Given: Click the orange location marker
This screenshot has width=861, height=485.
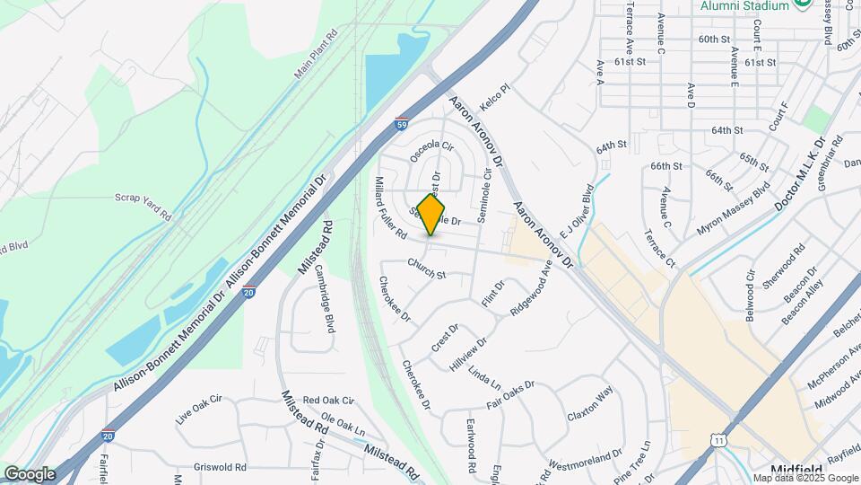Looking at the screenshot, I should click(x=431, y=214).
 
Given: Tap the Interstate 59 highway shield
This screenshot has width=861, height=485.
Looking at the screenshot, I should click(x=404, y=127).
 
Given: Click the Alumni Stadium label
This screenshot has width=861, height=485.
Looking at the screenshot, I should click(x=745, y=5).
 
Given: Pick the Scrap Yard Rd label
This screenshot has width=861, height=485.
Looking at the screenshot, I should click(x=142, y=205).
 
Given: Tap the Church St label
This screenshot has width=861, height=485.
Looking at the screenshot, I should click(x=426, y=268).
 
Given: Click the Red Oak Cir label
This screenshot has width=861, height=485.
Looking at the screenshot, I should click(x=328, y=400).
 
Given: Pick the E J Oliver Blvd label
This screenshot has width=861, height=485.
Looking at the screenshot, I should click(x=573, y=210).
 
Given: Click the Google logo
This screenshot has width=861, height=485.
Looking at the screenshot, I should click(x=29, y=473).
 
